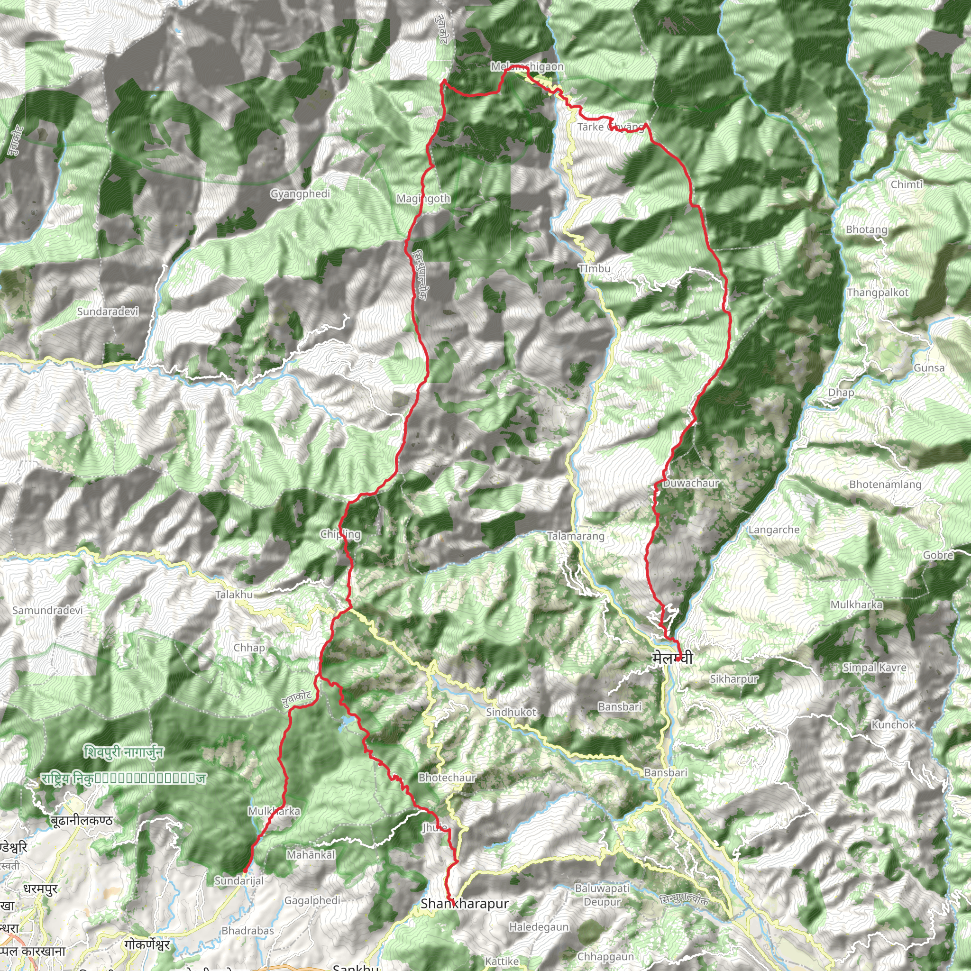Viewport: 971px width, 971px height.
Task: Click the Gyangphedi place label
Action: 300,194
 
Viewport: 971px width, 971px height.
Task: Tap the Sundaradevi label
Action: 108,311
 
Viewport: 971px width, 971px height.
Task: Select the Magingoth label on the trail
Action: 423,199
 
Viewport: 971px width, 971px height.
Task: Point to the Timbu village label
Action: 595,268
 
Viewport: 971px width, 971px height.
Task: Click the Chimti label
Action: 906,184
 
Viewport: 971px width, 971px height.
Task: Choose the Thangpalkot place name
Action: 878,293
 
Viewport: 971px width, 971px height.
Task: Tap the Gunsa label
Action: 929,368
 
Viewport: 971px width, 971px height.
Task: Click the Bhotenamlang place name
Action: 885,485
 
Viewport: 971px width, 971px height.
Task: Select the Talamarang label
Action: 576,536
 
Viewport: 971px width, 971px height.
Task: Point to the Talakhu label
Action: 234,595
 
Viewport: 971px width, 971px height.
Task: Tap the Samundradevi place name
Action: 48,610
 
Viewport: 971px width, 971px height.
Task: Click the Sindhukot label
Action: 511,712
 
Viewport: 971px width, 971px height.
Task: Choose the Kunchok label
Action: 893,725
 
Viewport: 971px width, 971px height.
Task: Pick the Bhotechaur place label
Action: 447,778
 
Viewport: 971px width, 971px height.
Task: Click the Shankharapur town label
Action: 464,904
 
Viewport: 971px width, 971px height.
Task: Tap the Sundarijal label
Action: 239,880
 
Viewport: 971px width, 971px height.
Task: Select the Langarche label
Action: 773,530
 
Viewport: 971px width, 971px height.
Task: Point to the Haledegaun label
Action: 539,927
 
